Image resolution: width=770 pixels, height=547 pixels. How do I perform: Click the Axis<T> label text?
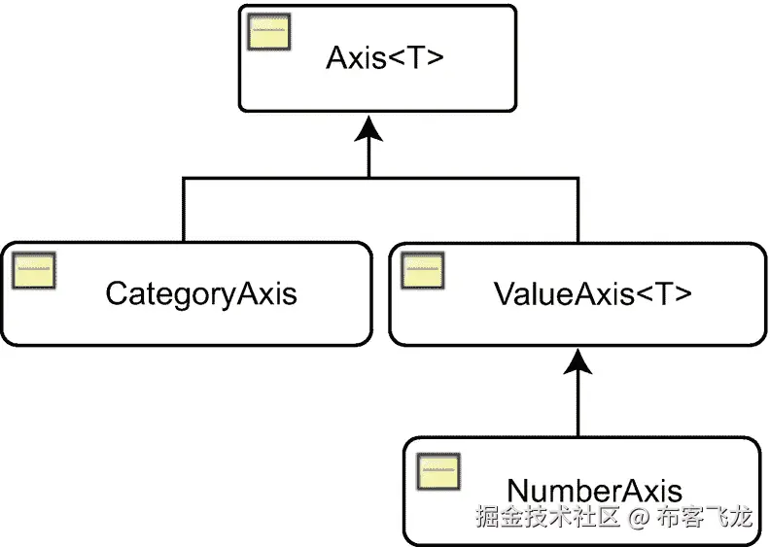(384, 58)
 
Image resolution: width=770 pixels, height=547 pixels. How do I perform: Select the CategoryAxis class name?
(201, 293)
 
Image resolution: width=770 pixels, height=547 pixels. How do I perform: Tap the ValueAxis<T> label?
(593, 293)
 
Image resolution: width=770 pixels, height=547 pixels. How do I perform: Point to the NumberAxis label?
(594, 491)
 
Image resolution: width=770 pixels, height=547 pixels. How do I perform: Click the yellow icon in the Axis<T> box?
(267, 33)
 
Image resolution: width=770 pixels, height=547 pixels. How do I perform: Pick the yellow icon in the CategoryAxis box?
(34, 269)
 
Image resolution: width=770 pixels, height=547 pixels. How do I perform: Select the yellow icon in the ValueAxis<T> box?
(423, 269)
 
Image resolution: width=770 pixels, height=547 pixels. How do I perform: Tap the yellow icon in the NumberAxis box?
(438, 469)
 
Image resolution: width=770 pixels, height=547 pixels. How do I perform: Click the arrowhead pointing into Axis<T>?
(368, 128)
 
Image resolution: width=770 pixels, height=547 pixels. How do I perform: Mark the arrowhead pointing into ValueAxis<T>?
(578, 363)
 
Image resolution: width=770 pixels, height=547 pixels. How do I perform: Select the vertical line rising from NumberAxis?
(578, 408)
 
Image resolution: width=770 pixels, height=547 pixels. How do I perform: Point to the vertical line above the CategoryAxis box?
(184, 209)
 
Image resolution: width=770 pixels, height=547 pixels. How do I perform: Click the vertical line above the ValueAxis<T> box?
(578, 209)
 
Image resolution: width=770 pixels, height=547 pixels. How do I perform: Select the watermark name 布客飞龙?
(704, 516)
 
